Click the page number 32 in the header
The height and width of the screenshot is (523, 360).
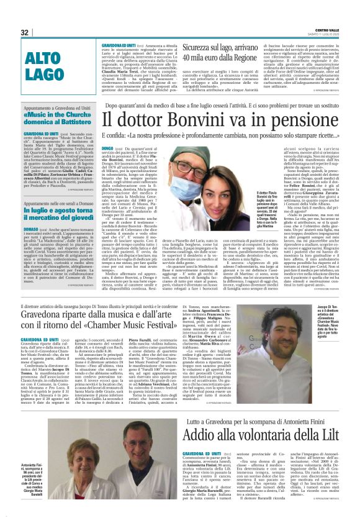[25, 32]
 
